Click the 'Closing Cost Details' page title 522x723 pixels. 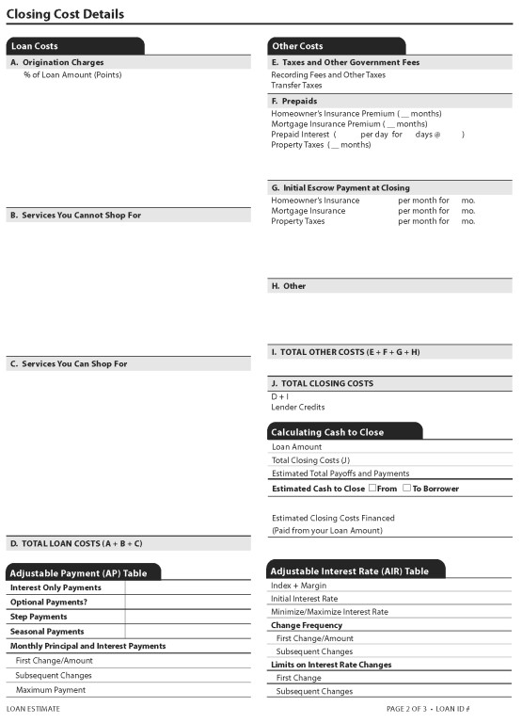click(65, 14)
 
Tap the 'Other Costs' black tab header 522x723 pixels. click(297, 46)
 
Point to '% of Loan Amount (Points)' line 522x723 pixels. click(72, 74)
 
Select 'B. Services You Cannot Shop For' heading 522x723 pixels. click(75, 216)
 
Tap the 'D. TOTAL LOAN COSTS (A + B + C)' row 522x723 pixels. click(76, 544)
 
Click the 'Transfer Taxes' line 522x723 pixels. click(296, 85)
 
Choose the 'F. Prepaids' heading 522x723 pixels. click(293, 101)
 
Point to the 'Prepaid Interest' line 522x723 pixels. click(301, 135)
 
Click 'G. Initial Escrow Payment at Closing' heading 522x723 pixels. click(340, 188)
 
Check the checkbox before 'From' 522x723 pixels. click(372, 488)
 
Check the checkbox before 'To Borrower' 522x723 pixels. click(406, 488)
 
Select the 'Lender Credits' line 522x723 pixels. click(298, 408)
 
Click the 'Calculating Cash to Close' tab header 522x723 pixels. click(327, 432)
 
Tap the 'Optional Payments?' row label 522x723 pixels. click(49, 602)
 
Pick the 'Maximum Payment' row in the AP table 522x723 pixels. click(51, 690)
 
